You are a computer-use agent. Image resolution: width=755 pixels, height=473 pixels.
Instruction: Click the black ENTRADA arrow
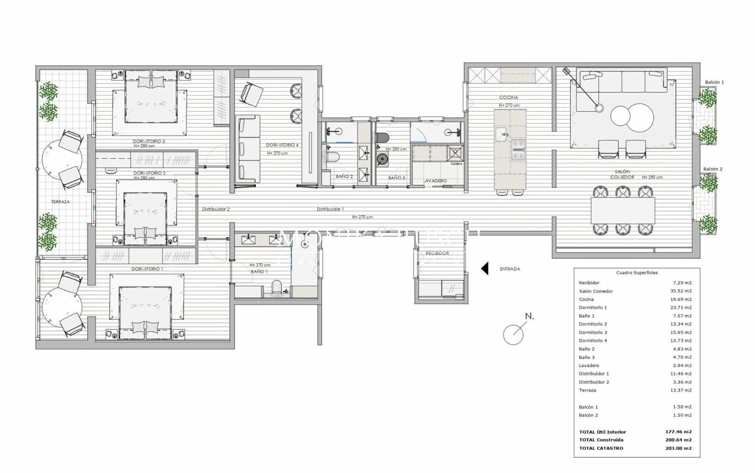point(485,269)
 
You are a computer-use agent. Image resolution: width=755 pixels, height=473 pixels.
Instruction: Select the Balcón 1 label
point(714,82)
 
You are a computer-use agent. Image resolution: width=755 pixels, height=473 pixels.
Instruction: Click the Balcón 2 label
point(713,169)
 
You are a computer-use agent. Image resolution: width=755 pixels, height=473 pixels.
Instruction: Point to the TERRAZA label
point(60,202)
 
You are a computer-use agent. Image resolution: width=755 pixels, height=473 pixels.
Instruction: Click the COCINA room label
point(509,98)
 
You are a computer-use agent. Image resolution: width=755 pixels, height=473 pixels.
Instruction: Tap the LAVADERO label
point(435,181)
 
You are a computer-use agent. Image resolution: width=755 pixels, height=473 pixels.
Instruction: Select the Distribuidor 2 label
point(216,209)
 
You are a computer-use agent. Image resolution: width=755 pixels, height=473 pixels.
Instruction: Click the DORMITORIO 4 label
point(282,145)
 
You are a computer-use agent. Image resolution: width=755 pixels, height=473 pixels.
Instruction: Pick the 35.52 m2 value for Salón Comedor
point(682,291)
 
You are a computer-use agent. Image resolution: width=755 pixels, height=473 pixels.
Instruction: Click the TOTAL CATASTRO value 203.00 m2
point(682,448)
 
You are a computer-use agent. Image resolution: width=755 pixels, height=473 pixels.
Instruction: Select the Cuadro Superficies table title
point(637,273)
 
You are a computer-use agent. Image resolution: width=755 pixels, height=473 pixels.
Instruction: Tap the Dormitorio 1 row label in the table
point(593,308)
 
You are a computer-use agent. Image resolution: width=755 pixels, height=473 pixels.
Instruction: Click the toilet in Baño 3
point(383,138)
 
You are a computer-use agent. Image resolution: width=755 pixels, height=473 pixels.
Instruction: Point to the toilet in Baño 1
point(277,287)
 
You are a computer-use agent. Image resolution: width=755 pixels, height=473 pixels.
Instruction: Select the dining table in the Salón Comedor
point(623,210)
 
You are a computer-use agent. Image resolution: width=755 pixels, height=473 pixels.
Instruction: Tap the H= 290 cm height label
point(652,178)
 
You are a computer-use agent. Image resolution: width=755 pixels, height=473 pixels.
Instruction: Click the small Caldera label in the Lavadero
point(456,164)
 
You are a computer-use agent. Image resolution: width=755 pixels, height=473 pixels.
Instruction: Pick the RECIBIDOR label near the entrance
point(437,253)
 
